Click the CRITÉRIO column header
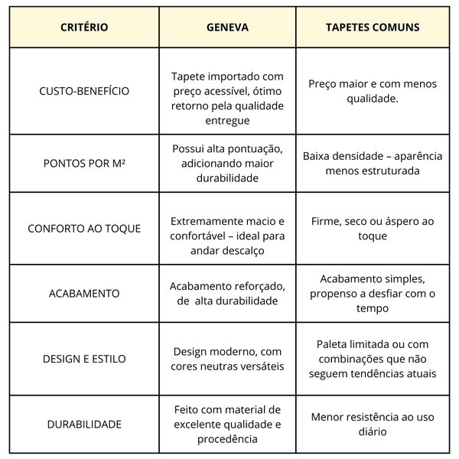tap(84, 28)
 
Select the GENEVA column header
tap(227, 28)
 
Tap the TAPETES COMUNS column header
tap(373, 28)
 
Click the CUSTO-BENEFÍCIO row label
tap(84, 91)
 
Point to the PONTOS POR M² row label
tap(84, 163)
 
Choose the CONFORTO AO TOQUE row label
tap(84, 228)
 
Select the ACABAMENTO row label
tap(84, 293)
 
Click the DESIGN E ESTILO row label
tap(84, 358)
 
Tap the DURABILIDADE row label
tap(84, 424)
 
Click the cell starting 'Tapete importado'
tap(227, 99)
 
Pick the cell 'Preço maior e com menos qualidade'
tap(373, 91)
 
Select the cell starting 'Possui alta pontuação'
tap(227, 163)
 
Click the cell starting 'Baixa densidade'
tap(373, 163)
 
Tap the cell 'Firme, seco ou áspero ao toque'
tap(373, 228)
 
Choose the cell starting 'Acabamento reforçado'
tap(227, 293)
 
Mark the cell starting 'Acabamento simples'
tap(373, 293)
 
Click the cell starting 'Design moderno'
tap(227, 358)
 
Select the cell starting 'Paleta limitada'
tap(373, 358)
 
